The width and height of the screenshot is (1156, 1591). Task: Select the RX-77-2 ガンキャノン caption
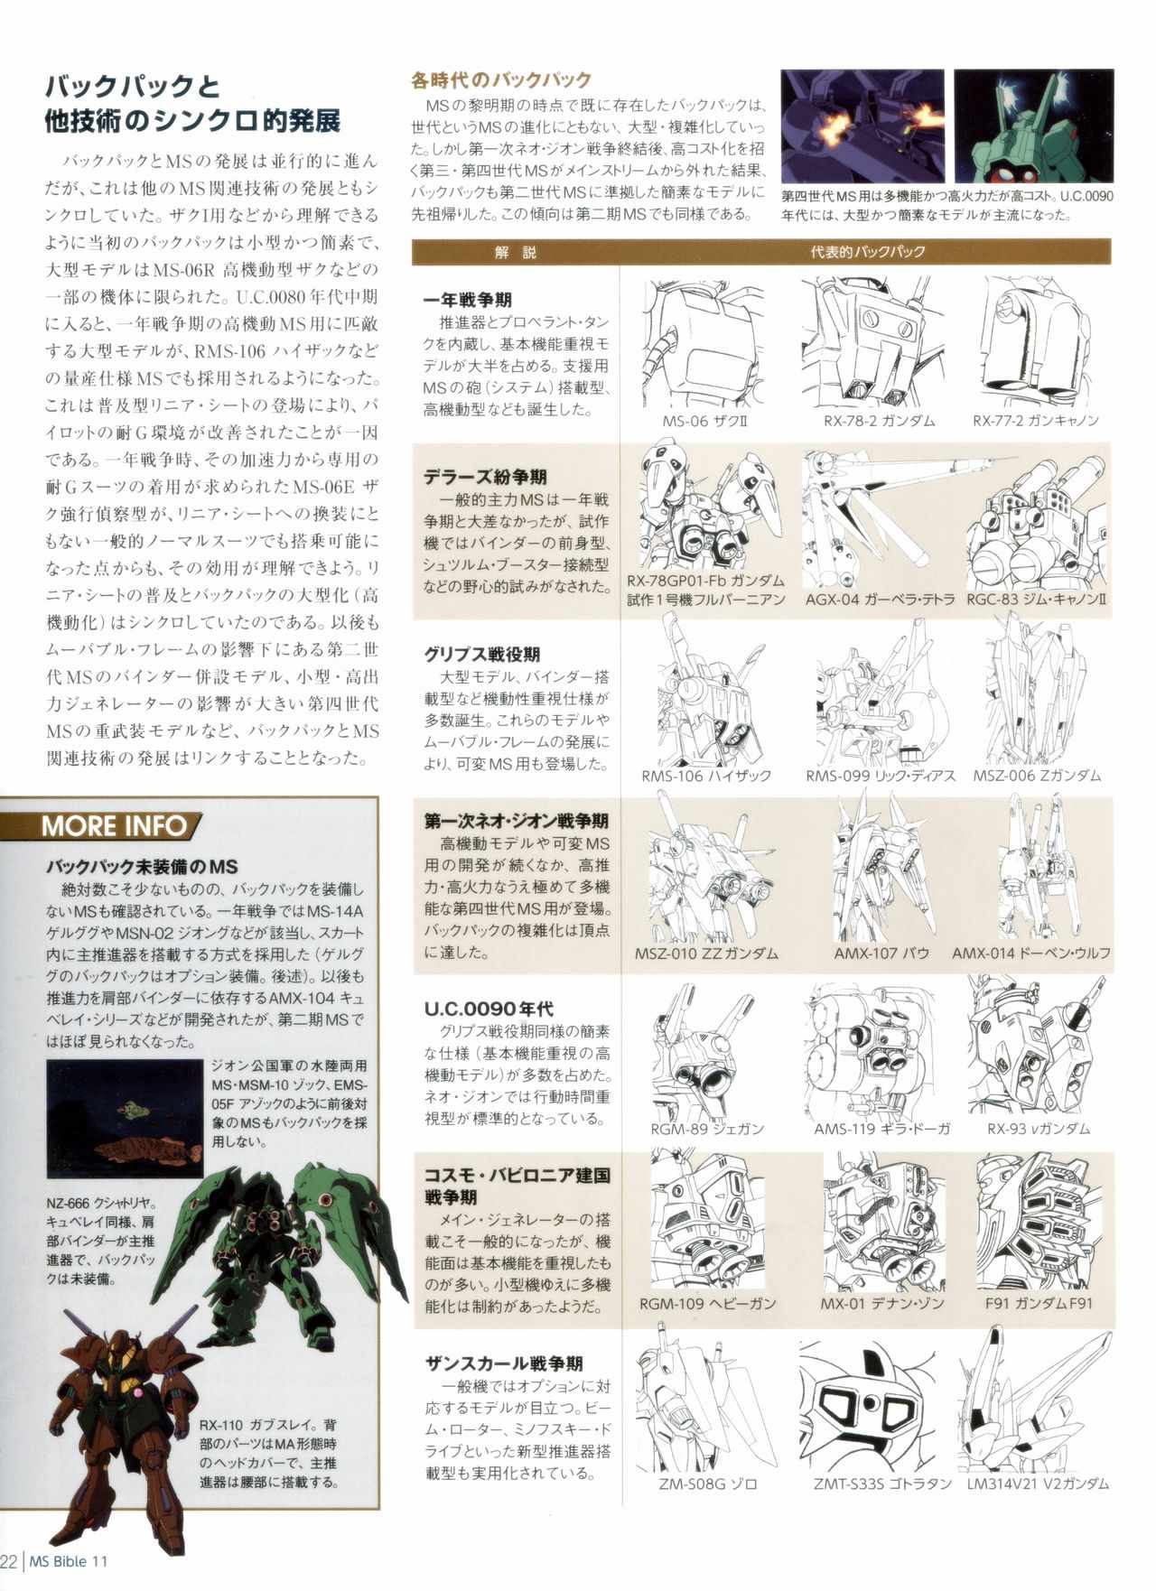[1035, 421]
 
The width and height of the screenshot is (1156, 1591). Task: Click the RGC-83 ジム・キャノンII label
[1037, 599]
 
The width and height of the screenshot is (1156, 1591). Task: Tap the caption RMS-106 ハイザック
[706, 775]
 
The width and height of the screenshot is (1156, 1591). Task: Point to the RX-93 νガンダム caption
[1038, 1128]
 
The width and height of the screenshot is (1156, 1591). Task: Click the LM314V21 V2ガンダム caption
[1037, 1484]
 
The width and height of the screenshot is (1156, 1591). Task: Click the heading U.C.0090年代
[489, 1009]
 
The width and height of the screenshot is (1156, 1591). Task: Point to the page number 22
[9, 1562]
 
